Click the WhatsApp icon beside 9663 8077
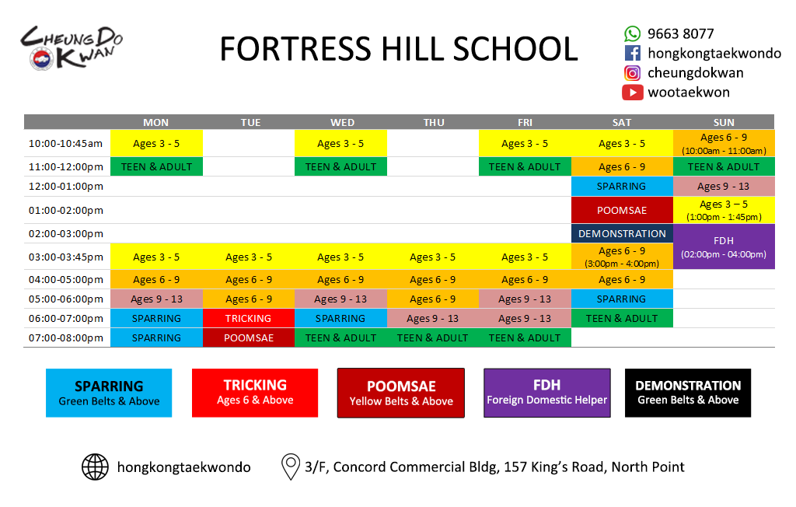(x=632, y=34)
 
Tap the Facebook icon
(x=632, y=54)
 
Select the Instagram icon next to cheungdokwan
(x=632, y=73)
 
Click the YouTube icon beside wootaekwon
(x=632, y=93)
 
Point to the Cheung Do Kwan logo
(x=72, y=47)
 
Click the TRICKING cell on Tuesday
(x=248, y=319)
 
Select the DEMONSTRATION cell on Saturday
(x=622, y=234)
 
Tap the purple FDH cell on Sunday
(x=724, y=247)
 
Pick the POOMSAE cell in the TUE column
(x=248, y=337)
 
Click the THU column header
(x=434, y=122)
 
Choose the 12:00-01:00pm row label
(x=66, y=187)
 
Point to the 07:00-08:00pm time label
(x=66, y=337)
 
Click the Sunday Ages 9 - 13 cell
(x=724, y=187)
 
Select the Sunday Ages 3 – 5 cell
(x=724, y=210)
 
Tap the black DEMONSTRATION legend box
(x=688, y=393)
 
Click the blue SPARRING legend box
(x=109, y=393)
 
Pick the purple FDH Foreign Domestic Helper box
(x=546, y=393)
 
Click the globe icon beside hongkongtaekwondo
(x=95, y=467)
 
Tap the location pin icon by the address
(x=291, y=467)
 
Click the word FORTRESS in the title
(x=295, y=49)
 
